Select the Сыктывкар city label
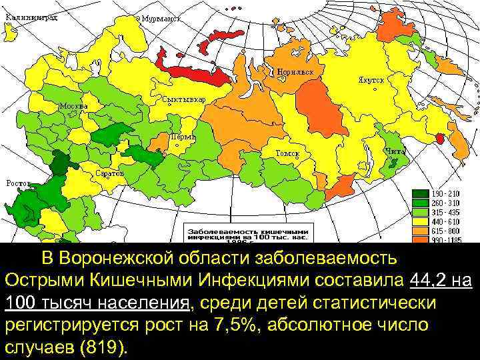[184, 99]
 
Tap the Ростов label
[18, 183]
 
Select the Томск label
[287, 154]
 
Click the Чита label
[395, 151]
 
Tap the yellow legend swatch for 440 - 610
[421, 221]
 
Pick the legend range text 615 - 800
[446, 229]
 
